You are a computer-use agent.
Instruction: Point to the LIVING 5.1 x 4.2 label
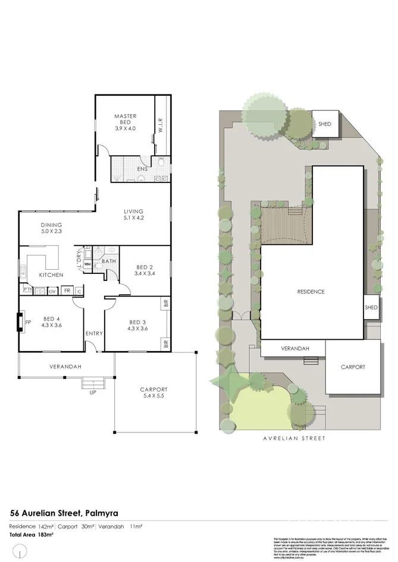pos(134,214)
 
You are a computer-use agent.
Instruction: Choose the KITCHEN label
pos(51,275)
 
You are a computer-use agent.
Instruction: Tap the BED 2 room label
pos(145,270)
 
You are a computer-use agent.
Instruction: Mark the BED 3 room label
pos(137,326)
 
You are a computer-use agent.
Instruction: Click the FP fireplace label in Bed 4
pos(27,323)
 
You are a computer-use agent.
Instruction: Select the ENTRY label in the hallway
pos(94,333)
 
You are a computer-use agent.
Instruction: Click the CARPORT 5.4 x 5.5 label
pos(154,393)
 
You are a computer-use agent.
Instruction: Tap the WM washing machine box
pos(87,264)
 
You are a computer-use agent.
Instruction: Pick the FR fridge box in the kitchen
pos(67,291)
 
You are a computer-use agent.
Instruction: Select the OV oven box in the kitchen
pos(52,291)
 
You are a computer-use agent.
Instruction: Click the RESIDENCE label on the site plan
pos(311,292)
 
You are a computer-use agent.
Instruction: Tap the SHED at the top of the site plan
pos(324,124)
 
